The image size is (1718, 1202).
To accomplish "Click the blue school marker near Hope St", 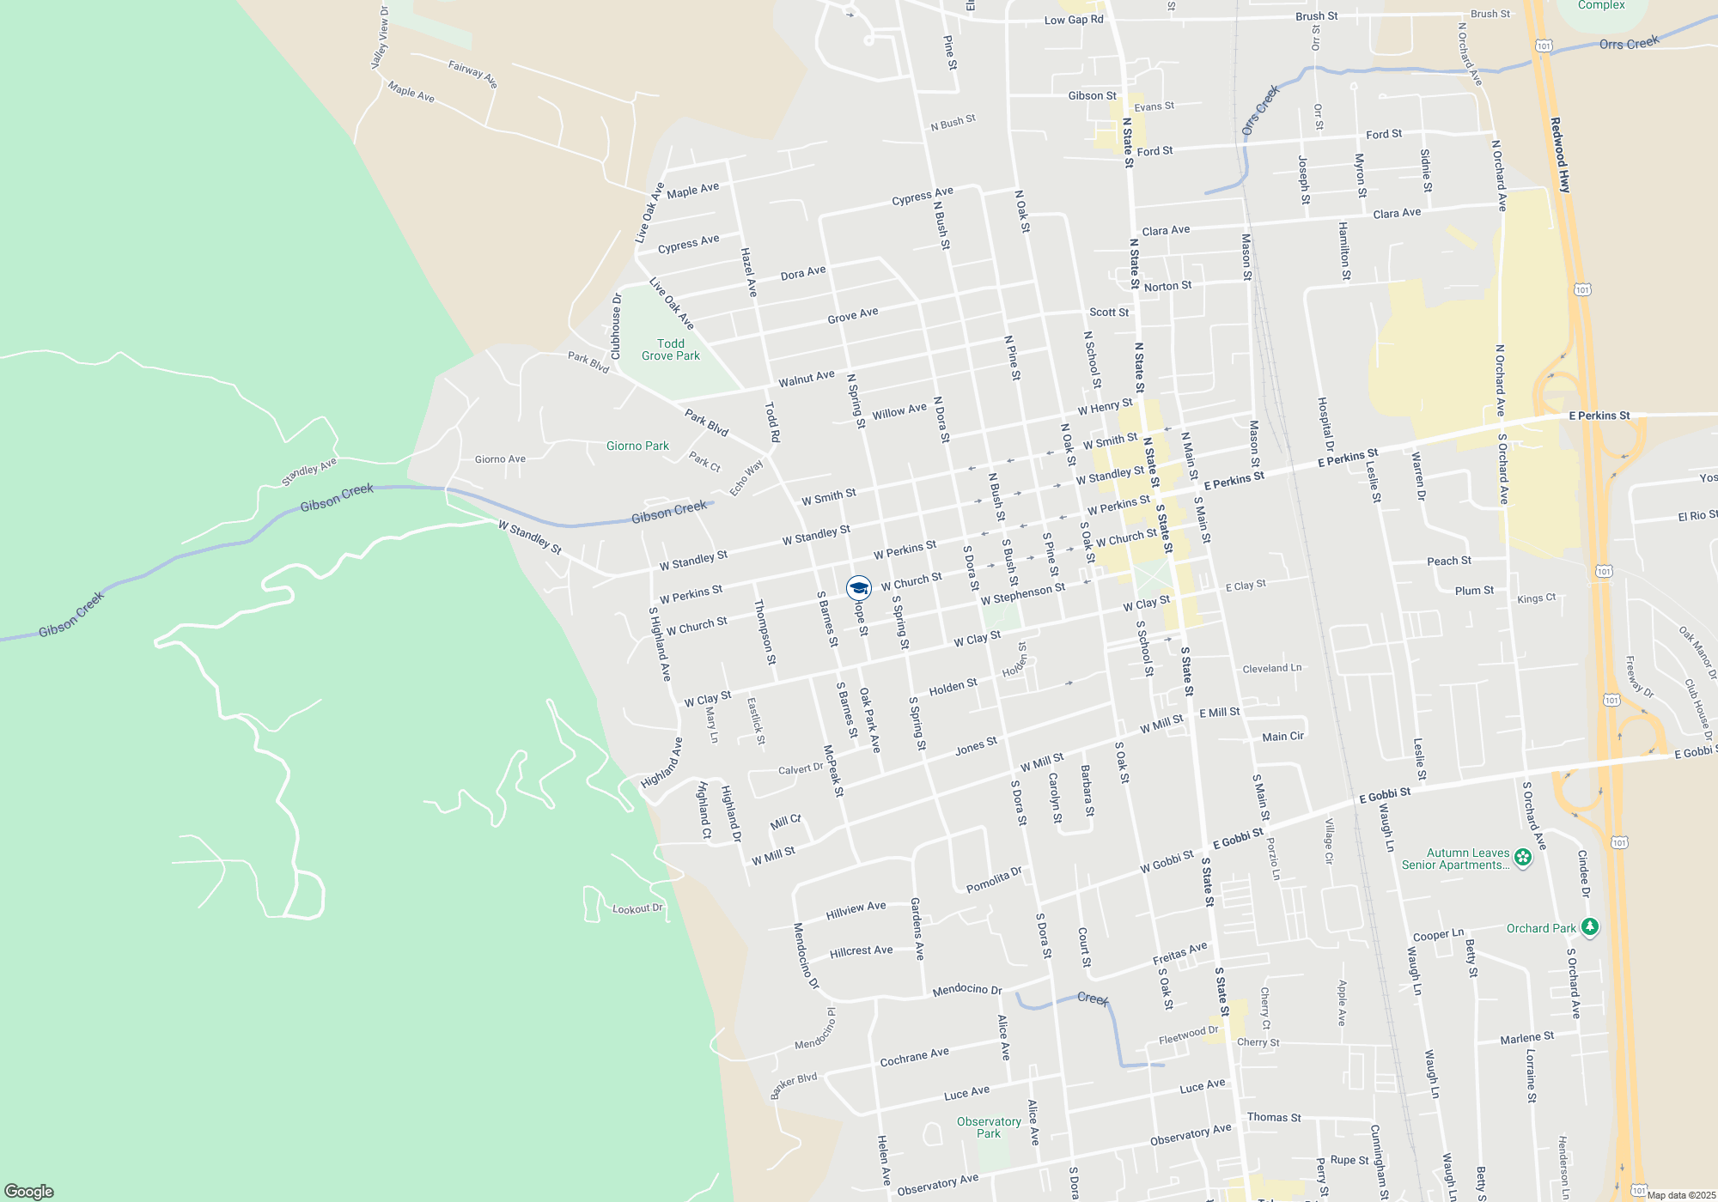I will point(859,587).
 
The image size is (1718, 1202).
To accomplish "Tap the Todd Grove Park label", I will point(671,349).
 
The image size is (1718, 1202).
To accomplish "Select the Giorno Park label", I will point(637,446).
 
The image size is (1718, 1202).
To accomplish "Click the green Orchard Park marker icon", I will point(1590,927).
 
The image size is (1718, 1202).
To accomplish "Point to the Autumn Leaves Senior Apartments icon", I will point(1523,857).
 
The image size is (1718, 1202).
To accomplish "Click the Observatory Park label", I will point(989,1127).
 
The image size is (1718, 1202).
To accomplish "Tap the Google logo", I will point(29,1191).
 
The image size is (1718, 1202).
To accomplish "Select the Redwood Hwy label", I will point(1560,155).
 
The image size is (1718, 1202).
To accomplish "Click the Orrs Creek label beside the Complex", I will point(1629,43).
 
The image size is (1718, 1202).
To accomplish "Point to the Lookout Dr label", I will point(637,908).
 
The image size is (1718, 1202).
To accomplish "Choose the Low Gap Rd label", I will point(1074,20).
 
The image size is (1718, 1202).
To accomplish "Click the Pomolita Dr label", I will point(994,880).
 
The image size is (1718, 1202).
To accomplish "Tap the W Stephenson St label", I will point(1022,593).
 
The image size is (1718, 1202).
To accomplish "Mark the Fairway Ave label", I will point(472,73).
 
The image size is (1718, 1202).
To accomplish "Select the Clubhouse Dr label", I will point(616,326).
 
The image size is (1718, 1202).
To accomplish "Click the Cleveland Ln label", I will point(1271,668).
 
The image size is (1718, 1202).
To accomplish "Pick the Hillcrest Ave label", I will point(861,951).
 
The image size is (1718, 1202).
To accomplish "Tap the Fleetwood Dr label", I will point(1188,1035).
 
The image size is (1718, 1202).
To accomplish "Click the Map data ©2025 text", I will point(1681,1195).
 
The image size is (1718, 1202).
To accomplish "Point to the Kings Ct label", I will point(1536,598).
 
